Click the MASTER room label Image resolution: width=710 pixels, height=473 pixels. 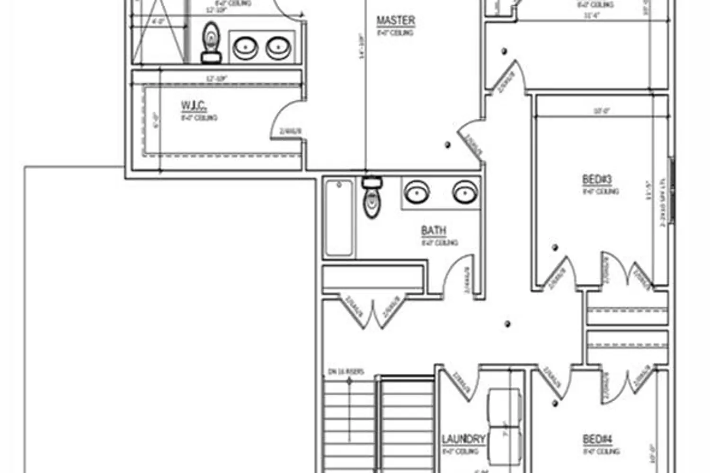click(396, 21)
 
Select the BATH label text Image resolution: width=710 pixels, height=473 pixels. click(434, 231)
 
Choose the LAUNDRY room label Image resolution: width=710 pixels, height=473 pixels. click(463, 439)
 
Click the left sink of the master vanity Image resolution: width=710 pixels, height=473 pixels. click(246, 47)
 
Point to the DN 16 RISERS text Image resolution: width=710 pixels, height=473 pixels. click(346, 372)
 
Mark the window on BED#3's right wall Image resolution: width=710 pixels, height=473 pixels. click(671, 189)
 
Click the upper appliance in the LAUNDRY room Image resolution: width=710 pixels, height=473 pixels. click(505, 407)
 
